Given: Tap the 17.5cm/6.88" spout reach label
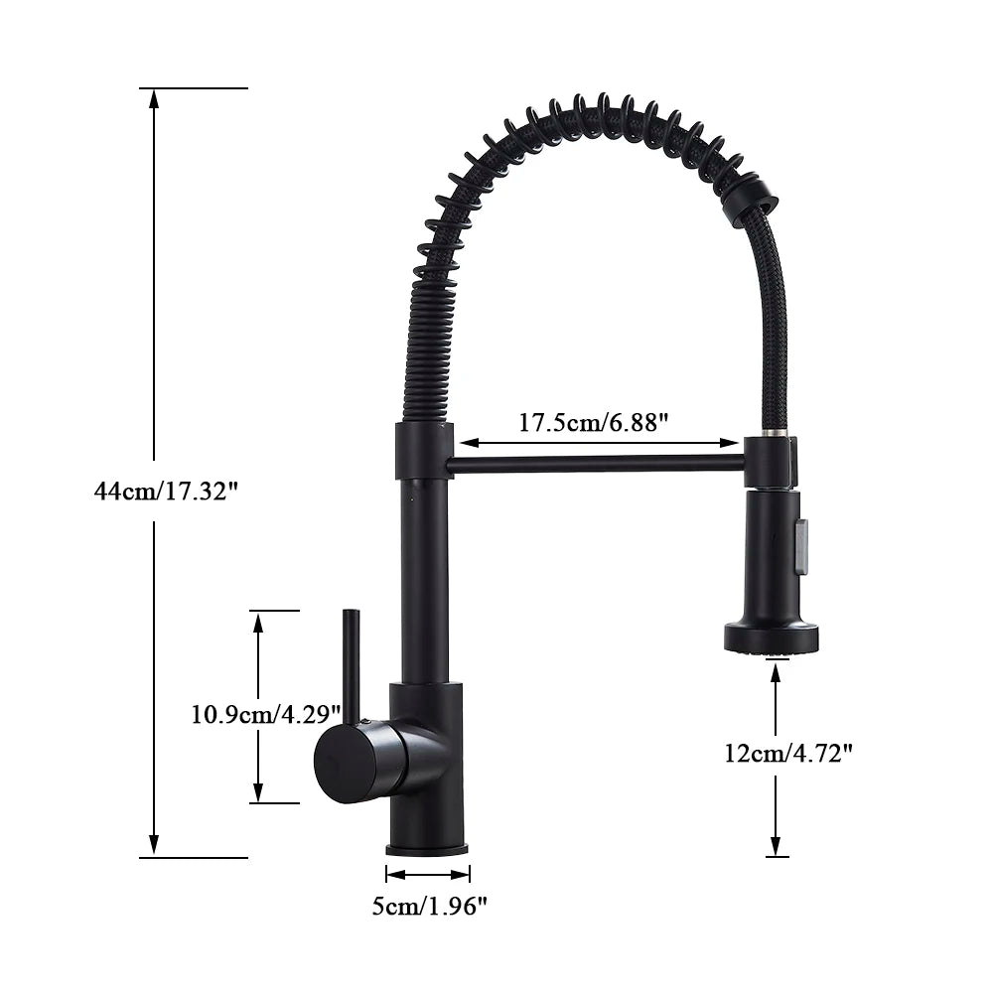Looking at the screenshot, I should click(x=594, y=422).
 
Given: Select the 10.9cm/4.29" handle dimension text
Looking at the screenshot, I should click(x=266, y=713).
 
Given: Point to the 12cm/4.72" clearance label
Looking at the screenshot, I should click(x=788, y=754).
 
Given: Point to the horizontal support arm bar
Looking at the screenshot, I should click(x=596, y=464).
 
